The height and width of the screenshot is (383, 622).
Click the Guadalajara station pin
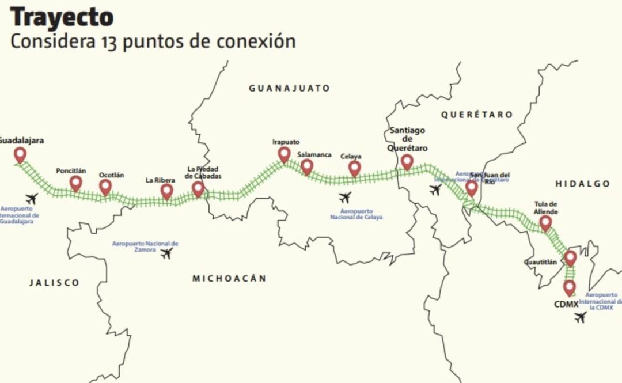click(x=20, y=154)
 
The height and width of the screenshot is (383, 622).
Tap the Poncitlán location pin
click(x=75, y=183)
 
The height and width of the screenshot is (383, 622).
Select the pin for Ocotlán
click(x=105, y=187)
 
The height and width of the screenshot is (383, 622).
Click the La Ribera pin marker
click(x=166, y=191)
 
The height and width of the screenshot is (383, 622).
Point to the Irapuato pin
click(x=284, y=154)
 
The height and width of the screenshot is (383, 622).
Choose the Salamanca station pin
click(x=307, y=166)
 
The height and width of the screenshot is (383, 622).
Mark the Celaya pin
click(x=355, y=168)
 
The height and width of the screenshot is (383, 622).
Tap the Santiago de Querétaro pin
click(x=407, y=162)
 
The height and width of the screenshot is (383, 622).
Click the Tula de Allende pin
click(x=545, y=223)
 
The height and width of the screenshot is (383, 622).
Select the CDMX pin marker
click(x=570, y=287)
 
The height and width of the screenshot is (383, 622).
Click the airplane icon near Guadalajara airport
click(x=31, y=199)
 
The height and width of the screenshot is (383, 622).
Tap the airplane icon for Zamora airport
click(x=166, y=253)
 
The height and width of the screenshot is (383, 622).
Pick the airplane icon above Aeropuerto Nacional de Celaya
click(x=345, y=198)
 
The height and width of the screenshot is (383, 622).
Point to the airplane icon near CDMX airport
click(x=581, y=317)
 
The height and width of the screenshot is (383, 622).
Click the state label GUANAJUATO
click(x=289, y=88)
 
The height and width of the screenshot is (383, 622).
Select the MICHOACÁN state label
click(x=229, y=278)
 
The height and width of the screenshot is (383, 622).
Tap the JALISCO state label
click(x=55, y=283)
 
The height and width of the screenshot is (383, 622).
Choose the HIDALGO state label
click(x=582, y=184)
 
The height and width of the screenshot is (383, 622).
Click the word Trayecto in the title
click(x=62, y=17)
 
